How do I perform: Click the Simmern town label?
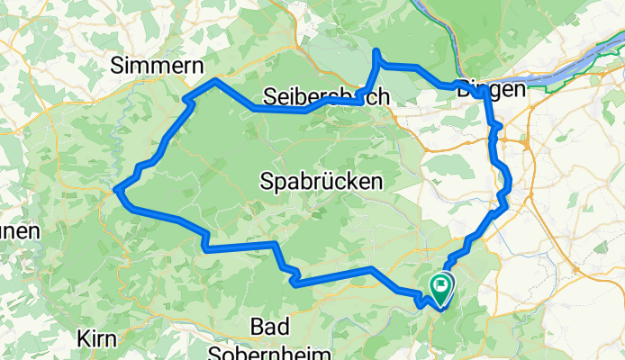coord(158,64)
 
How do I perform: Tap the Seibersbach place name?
coord(327,96)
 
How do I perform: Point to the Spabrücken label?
coord(321,181)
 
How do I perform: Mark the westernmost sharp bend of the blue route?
coord(116,189)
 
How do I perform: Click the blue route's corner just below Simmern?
coord(215,81)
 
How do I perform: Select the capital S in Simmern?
coord(117,64)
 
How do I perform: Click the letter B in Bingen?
coord(464,89)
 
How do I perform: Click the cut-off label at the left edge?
coord(18,231)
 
